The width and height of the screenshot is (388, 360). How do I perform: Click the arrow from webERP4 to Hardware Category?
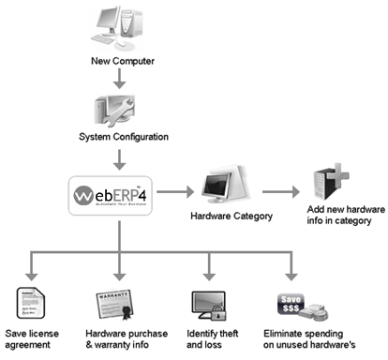181,194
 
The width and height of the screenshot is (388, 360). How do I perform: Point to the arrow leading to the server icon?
287,194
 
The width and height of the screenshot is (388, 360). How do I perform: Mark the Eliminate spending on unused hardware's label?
306,339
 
